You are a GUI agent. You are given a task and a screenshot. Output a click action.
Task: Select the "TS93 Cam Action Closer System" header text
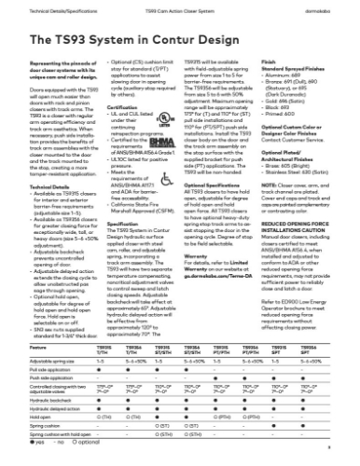[180, 6]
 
